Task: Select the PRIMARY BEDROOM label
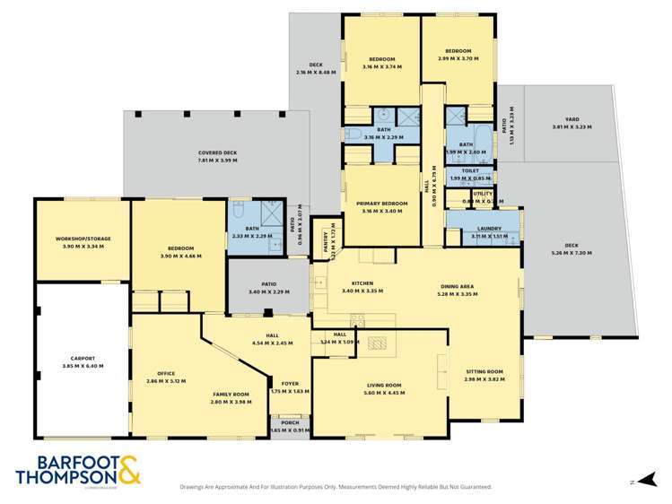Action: click(x=381, y=204)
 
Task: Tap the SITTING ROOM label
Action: click(x=484, y=371)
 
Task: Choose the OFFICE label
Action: click(x=165, y=373)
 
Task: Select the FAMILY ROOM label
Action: click(x=231, y=395)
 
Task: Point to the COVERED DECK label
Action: click(x=217, y=152)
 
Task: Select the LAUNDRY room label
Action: click(x=489, y=229)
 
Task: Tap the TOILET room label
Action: click(x=470, y=170)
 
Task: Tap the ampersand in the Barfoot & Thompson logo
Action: click(x=126, y=470)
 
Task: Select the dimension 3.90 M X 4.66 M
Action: click(x=180, y=256)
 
